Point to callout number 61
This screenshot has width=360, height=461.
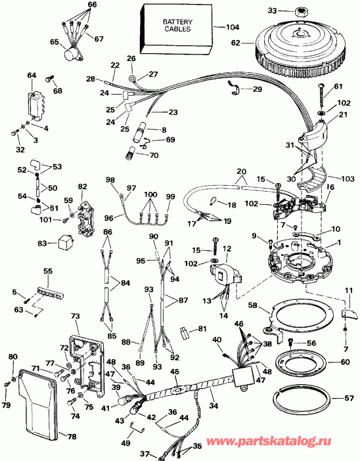point(338,87)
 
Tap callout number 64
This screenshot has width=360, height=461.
point(31,76)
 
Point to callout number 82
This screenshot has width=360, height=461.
point(81,187)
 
